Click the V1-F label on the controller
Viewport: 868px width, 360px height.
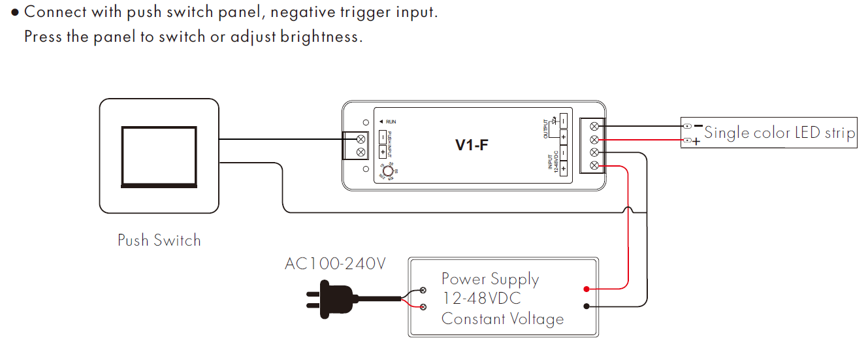click(x=472, y=145)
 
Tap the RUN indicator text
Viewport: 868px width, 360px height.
click(x=391, y=122)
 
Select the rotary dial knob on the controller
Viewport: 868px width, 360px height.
click(x=387, y=171)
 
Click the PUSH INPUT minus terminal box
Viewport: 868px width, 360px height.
click(x=383, y=137)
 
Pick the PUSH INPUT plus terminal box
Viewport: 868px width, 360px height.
click(x=383, y=152)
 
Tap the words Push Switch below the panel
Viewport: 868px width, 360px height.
click(x=159, y=240)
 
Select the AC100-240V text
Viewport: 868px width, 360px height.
click(x=335, y=264)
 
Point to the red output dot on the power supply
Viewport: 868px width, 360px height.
click(x=587, y=288)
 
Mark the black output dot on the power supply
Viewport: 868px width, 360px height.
click(x=587, y=305)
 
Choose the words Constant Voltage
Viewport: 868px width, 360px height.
click(x=502, y=319)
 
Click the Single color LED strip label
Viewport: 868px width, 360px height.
click(x=779, y=133)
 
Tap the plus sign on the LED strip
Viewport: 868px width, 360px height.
click(x=696, y=142)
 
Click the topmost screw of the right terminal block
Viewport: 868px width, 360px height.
click(x=594, y=126)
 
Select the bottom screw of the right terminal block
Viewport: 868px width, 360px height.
click(x=594, y=166)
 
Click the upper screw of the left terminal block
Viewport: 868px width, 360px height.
click(x=360, y=139)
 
